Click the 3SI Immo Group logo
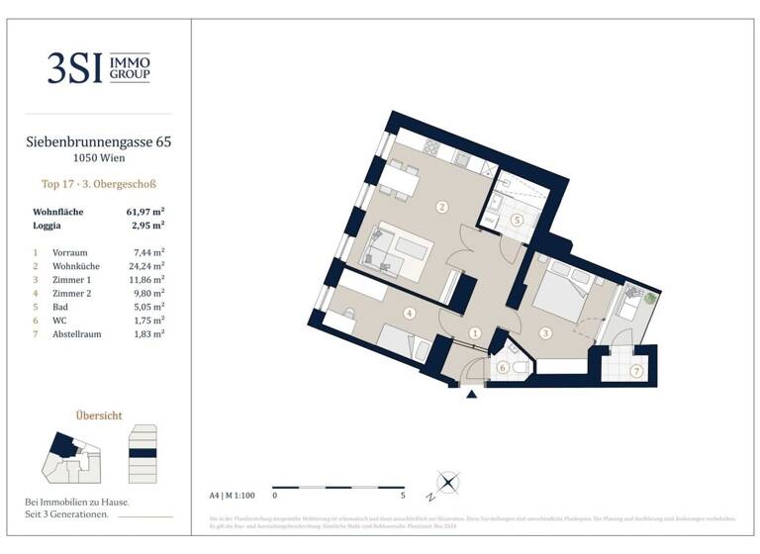click(99, 67)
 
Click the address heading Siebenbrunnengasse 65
click(99, 142)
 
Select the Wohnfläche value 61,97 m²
click(144, 212)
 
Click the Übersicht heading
click(99, 415)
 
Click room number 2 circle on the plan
click(441, 207)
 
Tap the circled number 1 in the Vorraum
click(475, 334)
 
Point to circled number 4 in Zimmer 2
click(409, 314)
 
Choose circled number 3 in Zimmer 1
click(544, 333)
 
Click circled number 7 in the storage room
click(635, 371)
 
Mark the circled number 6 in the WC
click(502, 368)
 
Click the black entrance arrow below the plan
click(472, 394)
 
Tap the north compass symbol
click(446, 484)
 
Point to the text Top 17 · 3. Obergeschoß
click(99, 184)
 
